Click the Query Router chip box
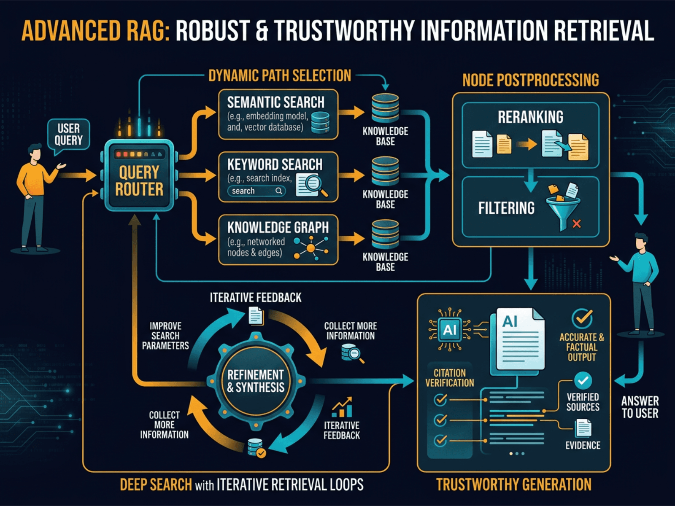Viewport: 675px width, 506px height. (x=139, y=177)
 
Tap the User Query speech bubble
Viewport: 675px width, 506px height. (x=68, y=135)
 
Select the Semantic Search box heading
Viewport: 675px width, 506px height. (x=275, y=102)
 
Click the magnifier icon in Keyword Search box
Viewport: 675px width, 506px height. (x=312, y=184)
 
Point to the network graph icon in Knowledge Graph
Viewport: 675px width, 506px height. (x=311, y=248)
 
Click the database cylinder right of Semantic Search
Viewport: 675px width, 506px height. (x=385, y=108)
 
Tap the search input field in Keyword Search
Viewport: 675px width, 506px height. (x=256, y=191)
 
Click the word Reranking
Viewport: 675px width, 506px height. (x=530, y=117)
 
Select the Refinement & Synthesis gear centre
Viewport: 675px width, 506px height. (x=256, y=381)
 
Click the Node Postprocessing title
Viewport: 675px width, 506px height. (x=530, y=80)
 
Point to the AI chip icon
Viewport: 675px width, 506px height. (x=450, y=330)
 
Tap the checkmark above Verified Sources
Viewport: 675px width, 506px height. (x=583, y=381)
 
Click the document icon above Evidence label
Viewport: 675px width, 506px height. (x=583, y=428)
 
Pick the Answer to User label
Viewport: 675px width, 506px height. (x=640, y=407)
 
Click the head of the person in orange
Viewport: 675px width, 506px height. (x=35, y=152)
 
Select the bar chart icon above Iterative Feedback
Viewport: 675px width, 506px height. (x=342, y=407)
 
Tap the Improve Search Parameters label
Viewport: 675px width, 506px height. (x=165, y=336)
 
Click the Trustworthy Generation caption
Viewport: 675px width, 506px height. (x=513, y=484)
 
